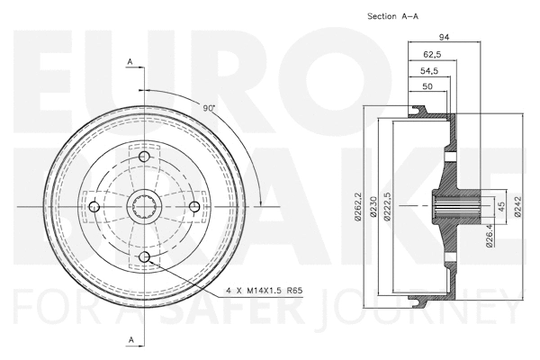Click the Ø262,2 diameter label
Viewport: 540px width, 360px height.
[x=358, y=206]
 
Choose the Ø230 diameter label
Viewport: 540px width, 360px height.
[x=373, y=206]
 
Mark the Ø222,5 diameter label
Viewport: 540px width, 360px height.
[x=388, y=206]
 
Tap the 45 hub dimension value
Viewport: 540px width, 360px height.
[x=502, y=205]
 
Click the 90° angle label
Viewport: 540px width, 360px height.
[x=209, y=108]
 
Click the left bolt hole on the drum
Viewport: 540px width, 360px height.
[x=94, y=208]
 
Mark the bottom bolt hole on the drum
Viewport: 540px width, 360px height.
[x=145, y=259]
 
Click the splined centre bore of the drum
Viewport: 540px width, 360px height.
[x=145, y=208]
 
